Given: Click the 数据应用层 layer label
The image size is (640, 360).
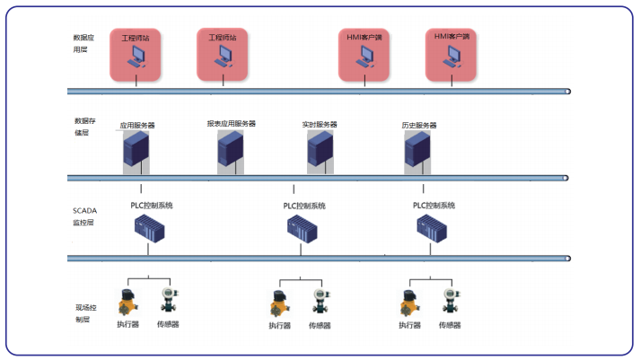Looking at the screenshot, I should point(81,44).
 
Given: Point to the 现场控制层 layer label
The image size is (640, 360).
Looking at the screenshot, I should point(83,313).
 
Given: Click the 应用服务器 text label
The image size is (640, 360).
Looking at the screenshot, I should point(137,126).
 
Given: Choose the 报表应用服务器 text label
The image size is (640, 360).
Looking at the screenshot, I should point(231,124).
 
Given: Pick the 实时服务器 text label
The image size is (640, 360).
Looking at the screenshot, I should point(320,125).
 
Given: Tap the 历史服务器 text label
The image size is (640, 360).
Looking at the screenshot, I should point(418,125).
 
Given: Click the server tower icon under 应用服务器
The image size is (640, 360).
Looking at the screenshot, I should point(136,151).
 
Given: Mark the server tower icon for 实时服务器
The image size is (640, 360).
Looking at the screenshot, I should point(320,151).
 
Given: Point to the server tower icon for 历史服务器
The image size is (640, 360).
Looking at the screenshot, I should point(417,151).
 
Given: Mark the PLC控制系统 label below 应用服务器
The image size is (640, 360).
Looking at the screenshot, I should point(151,206).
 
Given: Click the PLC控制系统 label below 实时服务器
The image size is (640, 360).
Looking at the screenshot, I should point(304,206).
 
